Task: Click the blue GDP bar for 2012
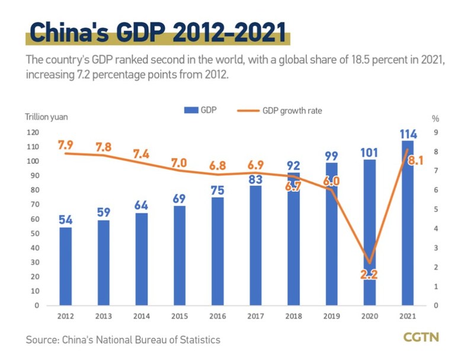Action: click(x=65, y=266)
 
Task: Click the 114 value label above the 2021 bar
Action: click(x=408, y=134)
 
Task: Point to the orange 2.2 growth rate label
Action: click(x=370, y=274)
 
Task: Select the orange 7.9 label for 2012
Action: click(x=65, y=144)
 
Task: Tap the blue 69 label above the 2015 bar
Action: click(x=180, y=198)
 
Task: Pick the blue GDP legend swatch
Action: click(x=192, y=110)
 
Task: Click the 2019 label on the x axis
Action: click(x=332, y=316)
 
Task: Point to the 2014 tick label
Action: click(x=141, y=316)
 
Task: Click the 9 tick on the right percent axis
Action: click(x=435, y=133)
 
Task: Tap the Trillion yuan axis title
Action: click(x=46, y=117)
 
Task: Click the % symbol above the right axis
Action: click(x=435, y=118)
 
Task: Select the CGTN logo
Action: click(x=420, y=337)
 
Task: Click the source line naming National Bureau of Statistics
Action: click(x=123, y=339)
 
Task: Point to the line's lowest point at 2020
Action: click(x=370, y=263)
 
